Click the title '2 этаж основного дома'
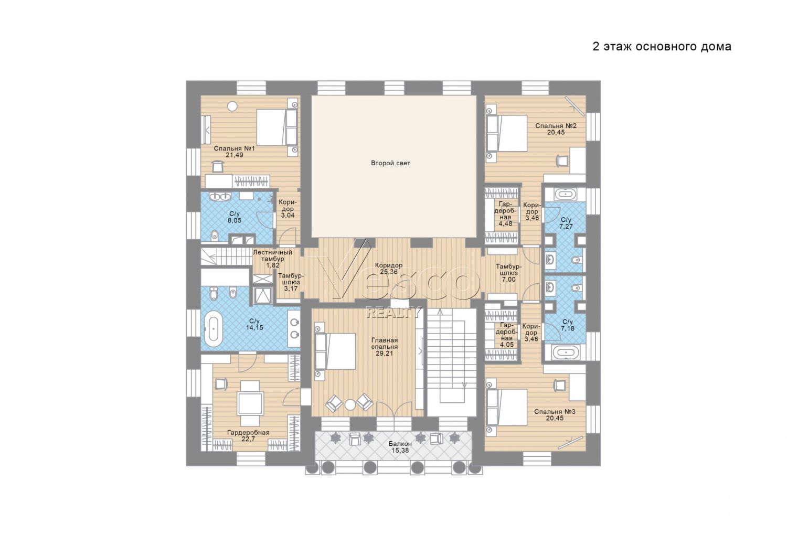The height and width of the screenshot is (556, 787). coord(662,47)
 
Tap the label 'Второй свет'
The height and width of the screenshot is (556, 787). coord(391,163)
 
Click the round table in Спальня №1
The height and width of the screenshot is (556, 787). coord(232,106)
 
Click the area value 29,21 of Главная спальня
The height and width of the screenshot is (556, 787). coord(385,354)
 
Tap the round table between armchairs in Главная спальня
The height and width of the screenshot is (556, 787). coord(350,405)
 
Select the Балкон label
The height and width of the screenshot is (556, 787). coord(400,444)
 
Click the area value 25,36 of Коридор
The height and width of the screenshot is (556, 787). coord(389,272)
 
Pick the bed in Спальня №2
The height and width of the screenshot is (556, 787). coord(512,133)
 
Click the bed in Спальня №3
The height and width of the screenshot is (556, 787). coord(512,407)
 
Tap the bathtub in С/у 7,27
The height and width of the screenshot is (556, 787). coord(565,194)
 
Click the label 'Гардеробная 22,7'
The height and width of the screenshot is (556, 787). coord(248,435)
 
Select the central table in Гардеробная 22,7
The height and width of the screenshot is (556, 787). coord(250,403)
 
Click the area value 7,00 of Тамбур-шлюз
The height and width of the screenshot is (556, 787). coord(509,279)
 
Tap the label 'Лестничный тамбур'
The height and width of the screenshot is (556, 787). coord(272,255)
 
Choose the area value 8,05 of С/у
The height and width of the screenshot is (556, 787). coord(235,221)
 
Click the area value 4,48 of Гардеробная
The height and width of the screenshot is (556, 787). coord(506,223)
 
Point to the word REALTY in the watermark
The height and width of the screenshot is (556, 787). coord(393,312)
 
